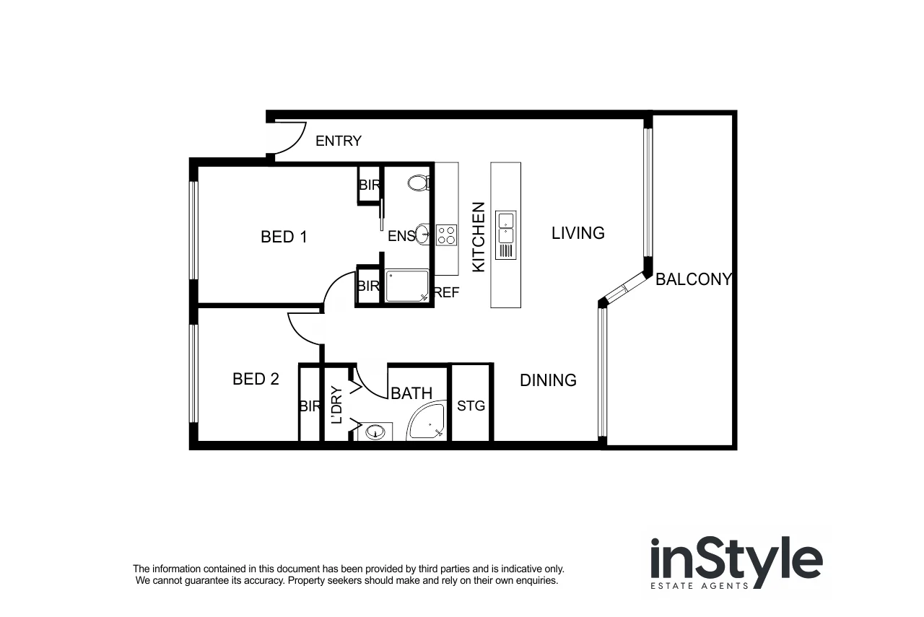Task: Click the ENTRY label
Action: pyautogui.click(x=339, y=141)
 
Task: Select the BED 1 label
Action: pyautogui.click(x=284, y=237)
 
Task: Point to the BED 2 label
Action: pyautogui.click(x=256, y=379)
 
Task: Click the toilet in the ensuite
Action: pyautogui.click(x=418, y=183)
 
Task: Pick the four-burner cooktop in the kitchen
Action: pyautogui.click(x=446, y=235)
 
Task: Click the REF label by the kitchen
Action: pyautogui.click(x=447, y=293)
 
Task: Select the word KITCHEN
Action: pyautogui.click(x=478, y=237)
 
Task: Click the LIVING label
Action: pyautogui.click(x=577, y=233)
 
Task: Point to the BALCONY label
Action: pyautogui.click(x=693, y=279)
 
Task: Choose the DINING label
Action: pyautogui.click(x=548, y=380)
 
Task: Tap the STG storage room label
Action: pyautogui.click(x=471, y=406)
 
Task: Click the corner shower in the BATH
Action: pyautogui.click(x=427, y=423)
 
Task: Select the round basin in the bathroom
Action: pyautogui.click(x=375, y=432)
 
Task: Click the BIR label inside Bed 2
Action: pyautogui.click(x=309, y=406)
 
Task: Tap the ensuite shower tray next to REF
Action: pyautogui.click(x=406, y=286)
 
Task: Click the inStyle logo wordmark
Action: pyautogui.click(x=736, y=559)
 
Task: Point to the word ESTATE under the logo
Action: pyautogui.click(x=675, y=586)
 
